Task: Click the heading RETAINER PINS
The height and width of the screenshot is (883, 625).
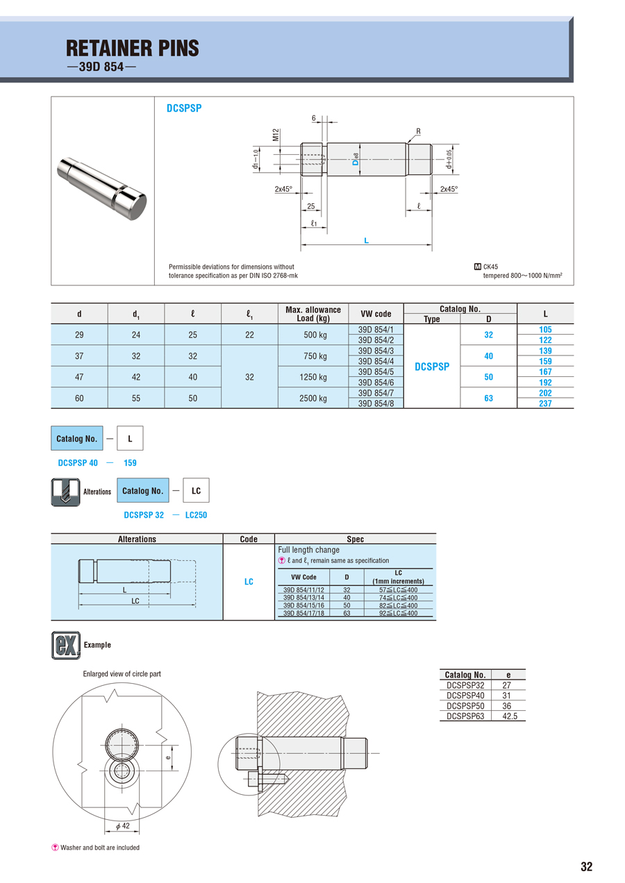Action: tap(132, 48)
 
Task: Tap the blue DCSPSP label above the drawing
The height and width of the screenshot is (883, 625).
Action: tap(184, 108)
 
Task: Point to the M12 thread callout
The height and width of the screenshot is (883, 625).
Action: tap(276, 134)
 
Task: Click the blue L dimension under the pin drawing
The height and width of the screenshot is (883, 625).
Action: tap(366, 241)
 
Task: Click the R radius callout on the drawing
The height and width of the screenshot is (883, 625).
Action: tap(419, 131)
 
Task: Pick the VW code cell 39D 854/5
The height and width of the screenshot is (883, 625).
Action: tap(376, 371)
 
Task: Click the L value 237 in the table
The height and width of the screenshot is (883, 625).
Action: tap(545, 403)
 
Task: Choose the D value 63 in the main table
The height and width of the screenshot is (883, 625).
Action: tap(489, 398)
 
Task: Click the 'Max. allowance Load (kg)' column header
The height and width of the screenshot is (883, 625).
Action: tap(313, 314)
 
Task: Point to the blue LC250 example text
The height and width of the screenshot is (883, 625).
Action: tap(196, 515)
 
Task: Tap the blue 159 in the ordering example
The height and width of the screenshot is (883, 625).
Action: tap(131, 463)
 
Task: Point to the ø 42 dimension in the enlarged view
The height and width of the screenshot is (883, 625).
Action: tap(121, 826)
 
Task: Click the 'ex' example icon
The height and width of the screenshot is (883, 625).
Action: tap(66, 645)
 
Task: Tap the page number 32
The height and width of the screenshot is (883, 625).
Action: tap(587, 866)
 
